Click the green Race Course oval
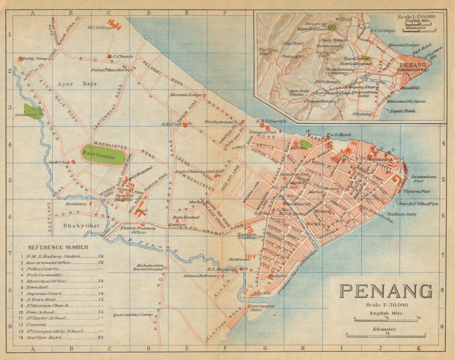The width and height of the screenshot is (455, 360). coord(103,157)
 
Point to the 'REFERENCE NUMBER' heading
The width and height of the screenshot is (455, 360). coord(58,247)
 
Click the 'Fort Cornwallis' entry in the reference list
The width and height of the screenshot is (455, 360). coord(44,275)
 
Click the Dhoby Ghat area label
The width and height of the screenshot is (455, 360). coord(81,226)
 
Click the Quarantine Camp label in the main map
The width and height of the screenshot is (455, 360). coord(132,315)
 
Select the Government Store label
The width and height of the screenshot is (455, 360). coord(261,308)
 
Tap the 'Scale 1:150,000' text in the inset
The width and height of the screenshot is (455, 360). coord(416,16)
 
